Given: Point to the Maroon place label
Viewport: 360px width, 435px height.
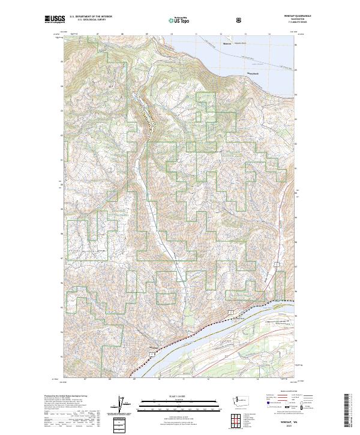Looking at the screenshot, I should coord(227,44).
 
